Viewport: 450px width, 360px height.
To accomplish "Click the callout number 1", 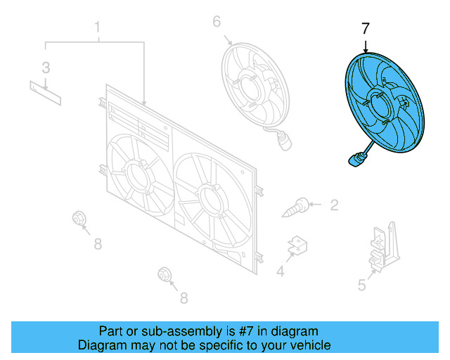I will pos(98,28).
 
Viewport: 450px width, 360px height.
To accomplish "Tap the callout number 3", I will pos(46,67).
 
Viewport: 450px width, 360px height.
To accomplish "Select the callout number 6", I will pos(217,22).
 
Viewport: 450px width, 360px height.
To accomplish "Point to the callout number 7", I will pos(365,29).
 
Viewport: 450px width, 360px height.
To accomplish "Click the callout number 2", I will pos(334,205).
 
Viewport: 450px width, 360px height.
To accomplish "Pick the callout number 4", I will pos(281,271).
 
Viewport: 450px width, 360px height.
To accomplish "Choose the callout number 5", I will pos(362,285).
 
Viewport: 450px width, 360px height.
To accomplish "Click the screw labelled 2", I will pos(300,206).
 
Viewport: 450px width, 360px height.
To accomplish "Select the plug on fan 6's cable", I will pos(283,144).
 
